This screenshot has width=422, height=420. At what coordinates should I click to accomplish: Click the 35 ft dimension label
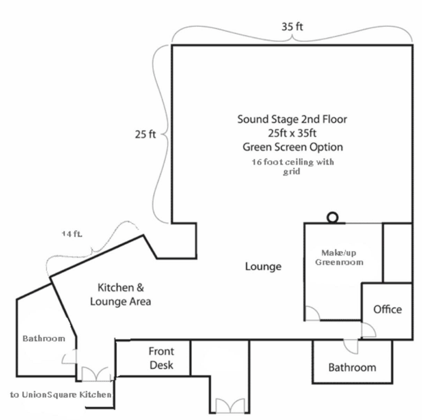coord(292,26)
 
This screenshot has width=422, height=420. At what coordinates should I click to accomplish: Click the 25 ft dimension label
coord(145,134)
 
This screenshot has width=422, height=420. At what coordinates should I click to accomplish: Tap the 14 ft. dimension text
coord(72,234)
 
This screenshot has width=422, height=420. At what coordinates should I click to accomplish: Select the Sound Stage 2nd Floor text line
coord(292,119)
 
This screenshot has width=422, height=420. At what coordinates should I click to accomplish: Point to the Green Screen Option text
coord(293,147)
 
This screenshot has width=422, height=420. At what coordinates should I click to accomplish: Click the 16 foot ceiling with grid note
coord(292,167)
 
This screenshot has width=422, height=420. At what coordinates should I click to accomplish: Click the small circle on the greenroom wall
coord(332,217)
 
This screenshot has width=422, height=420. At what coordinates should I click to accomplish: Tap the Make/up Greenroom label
coord(339,258)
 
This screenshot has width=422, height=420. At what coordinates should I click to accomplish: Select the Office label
coord(387,309)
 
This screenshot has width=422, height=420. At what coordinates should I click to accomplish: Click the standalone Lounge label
coord(263,266)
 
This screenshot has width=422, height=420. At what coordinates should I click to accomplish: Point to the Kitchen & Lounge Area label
coord(121,294)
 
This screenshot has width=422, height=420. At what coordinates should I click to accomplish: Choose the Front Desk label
coord(161,358)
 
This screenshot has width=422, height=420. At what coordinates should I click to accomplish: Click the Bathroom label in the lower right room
coord(352,367)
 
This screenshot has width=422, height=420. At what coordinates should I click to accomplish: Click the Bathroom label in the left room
coord(44,338)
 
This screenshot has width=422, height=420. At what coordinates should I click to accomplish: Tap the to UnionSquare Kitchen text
coord(61,394)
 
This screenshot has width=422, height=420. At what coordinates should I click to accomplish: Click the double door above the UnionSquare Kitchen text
coord(96,374)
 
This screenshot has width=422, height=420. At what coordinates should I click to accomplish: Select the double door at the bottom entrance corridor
coord(230,406)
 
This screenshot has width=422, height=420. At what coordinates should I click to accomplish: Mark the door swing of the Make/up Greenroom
coord(312,314)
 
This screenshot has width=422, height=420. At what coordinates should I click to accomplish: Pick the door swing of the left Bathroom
coord(70,357)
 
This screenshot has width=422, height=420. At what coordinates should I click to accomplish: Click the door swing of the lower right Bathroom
coord(350,346)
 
